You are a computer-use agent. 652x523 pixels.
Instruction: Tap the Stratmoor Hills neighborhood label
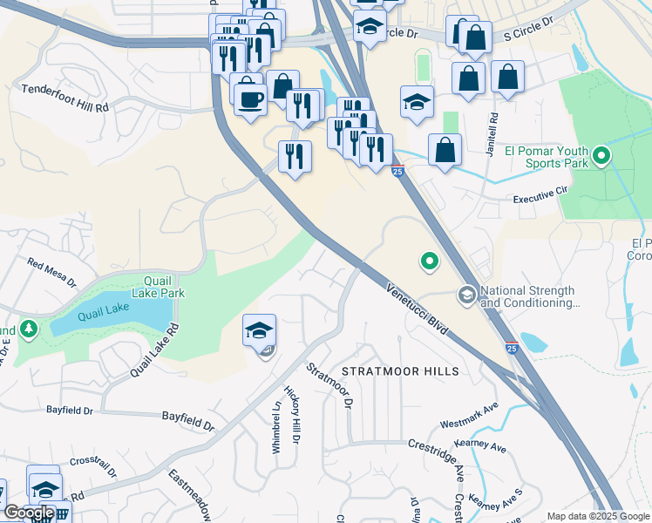point(400,371)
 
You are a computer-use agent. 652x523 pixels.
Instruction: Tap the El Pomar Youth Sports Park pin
point(601,157)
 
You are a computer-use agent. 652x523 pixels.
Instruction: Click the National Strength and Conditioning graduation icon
point(466,296)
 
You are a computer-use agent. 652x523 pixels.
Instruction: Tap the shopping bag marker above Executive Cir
point(445,149)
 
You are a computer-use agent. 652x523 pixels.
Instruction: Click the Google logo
point(29,513)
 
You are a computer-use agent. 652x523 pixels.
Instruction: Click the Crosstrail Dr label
point(93,466)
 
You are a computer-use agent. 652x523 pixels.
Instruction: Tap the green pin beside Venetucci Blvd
point(429,260)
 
